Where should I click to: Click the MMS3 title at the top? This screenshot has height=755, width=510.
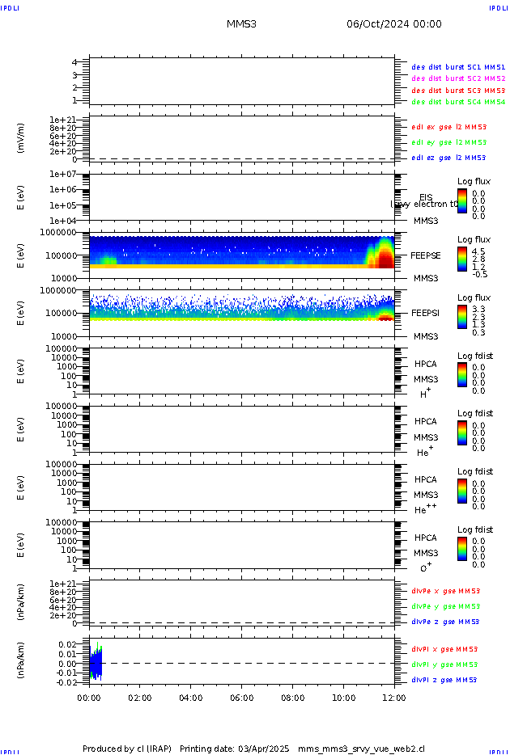tap(241, 23)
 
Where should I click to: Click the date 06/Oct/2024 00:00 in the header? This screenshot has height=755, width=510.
tap(394, 23)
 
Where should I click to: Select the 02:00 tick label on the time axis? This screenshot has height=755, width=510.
tap(140, 698)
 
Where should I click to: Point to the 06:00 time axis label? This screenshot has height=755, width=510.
tap(242, 698)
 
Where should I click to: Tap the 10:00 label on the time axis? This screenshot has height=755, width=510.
tap(344, 698)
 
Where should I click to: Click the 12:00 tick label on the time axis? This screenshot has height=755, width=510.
tap(395, 698)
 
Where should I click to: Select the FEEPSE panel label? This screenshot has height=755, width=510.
tap(425, 255)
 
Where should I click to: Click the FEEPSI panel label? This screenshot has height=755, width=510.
tap(425, 313)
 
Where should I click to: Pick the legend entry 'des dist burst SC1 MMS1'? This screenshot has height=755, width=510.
tap(458, 67)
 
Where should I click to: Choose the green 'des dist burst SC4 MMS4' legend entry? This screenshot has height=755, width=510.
tap(458, 103)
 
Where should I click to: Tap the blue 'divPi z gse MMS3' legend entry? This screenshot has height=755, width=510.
tap(445, 680)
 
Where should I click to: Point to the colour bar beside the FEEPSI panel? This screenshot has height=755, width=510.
tap(462, 315)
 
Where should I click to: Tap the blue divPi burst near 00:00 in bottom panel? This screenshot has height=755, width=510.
tap(95, 664)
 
